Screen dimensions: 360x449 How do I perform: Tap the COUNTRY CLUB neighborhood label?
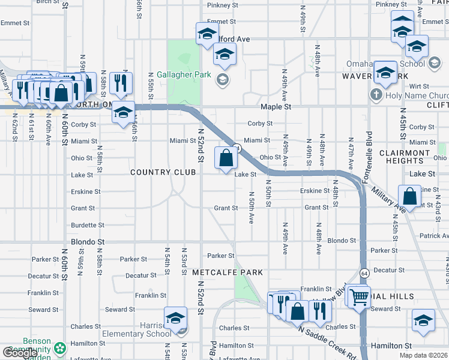click(163, 172)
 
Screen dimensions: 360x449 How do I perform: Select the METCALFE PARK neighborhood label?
click(228, 272)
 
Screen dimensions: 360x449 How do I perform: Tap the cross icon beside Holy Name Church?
click(376, 95)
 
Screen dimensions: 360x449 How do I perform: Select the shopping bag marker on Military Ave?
click(409, 196)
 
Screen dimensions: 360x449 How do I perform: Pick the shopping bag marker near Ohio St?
click(226, 159)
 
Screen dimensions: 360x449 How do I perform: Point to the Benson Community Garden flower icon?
click(60, 348)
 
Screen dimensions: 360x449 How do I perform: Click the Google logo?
click(20, 353)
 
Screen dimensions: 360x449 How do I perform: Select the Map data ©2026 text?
click(424, 355)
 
